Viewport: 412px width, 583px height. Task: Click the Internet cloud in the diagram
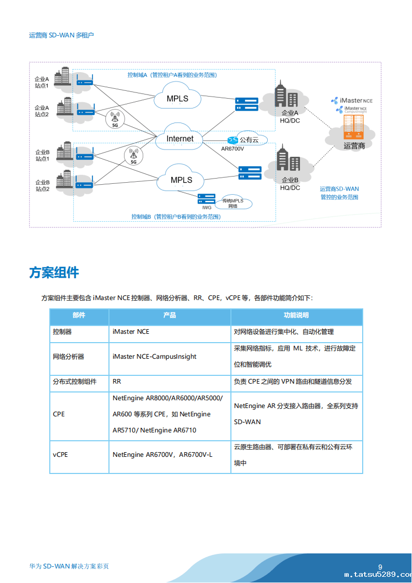point(180,139)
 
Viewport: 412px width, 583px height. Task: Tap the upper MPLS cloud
point(177,99)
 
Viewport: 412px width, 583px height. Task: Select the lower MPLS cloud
point(181,180)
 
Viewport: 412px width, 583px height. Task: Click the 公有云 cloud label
point(248,140)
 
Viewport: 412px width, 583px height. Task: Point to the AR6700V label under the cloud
point(232,149)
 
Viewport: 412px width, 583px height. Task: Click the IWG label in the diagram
point(207,207)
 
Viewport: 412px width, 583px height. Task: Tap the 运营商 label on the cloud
point(354,146)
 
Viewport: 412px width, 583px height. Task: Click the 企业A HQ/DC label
point(290,117)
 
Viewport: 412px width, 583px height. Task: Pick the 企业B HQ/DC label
point(290,184)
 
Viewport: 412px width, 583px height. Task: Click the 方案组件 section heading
point(54,273)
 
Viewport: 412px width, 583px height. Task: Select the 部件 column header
point(79,316)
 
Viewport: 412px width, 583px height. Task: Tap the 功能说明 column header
point(296,316)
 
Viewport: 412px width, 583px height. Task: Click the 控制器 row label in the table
point(62,332)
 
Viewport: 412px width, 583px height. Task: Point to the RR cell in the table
point(117,382)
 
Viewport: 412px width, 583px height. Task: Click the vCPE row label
point(60,455)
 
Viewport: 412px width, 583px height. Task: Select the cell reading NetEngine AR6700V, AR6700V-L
point(162,455)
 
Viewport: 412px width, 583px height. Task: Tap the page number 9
point(380,567)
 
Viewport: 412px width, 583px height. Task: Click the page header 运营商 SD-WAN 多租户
point(62,35)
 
